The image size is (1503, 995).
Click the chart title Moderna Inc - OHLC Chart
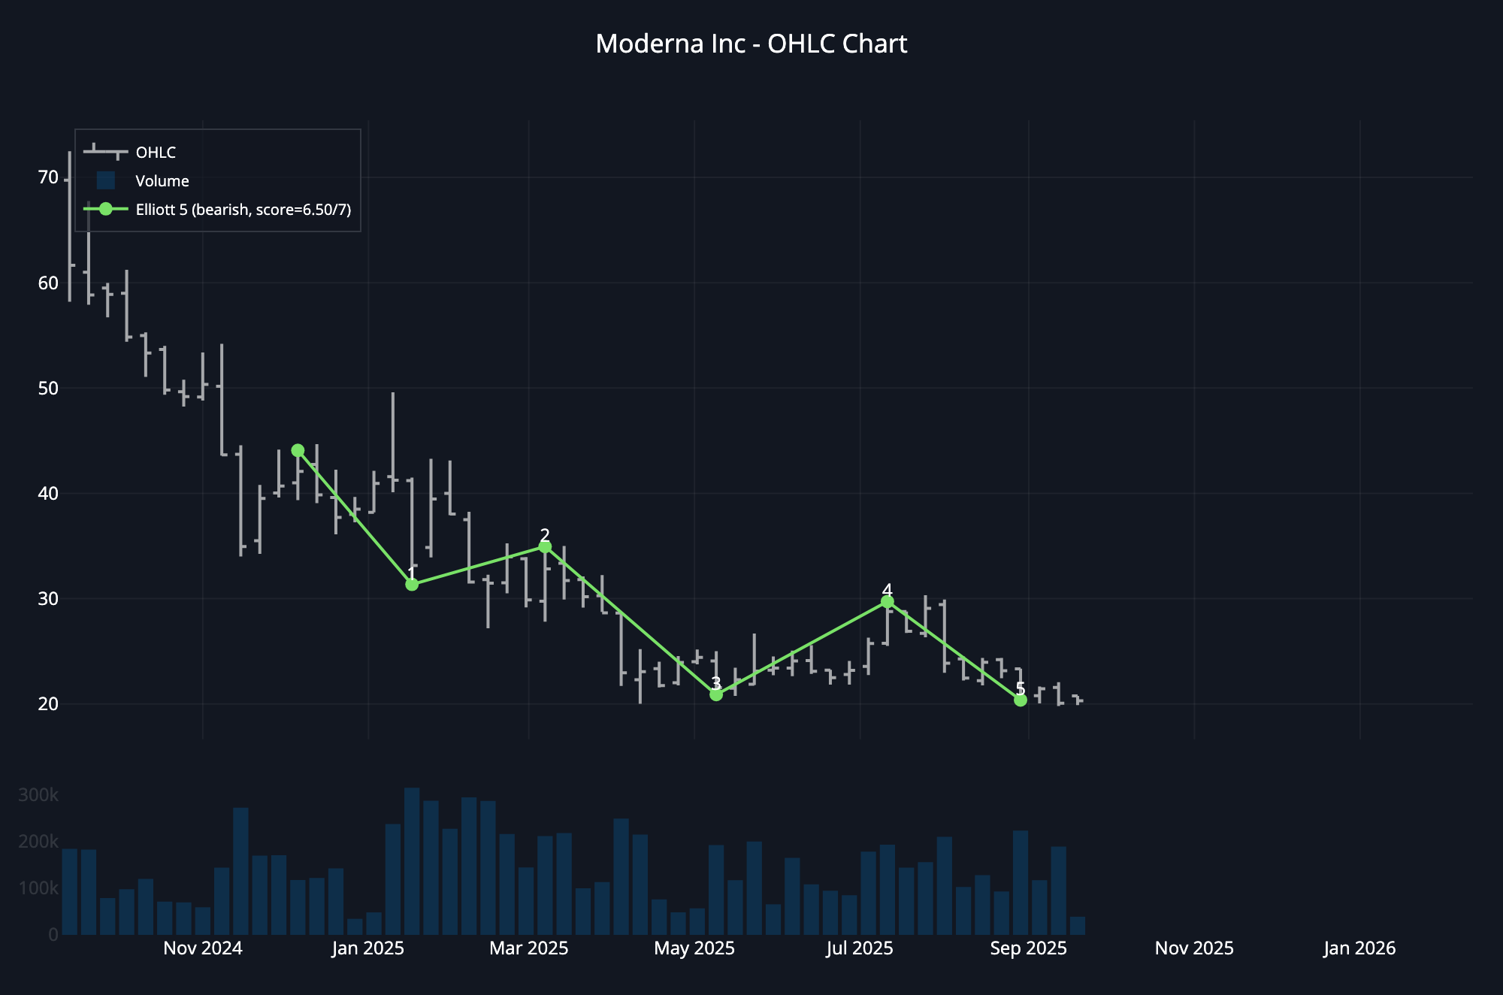tap(751, 44)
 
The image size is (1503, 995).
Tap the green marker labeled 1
tap(412, 584)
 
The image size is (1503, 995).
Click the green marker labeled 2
tap(545, 547)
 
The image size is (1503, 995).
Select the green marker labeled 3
tap(716, 694)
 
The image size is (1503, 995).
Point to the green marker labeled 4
tap(888, 601)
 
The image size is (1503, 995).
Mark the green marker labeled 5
tap(1020, 700)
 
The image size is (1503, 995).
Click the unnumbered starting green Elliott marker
tap(298, 450)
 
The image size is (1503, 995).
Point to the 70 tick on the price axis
tap(48, 177)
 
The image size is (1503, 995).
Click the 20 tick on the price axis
tap(48, 704)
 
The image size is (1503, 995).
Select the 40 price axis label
tap(48, 494)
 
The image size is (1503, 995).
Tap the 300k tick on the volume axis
tap(38, 795)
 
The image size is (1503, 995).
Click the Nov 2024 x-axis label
tap(203, 948)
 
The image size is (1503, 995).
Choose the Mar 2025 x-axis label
tap(529, 948)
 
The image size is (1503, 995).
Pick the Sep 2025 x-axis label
tap(1028, 948)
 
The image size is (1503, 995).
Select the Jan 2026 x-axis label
tap(1359, 948)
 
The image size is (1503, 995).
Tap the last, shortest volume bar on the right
tap(1077, 926)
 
